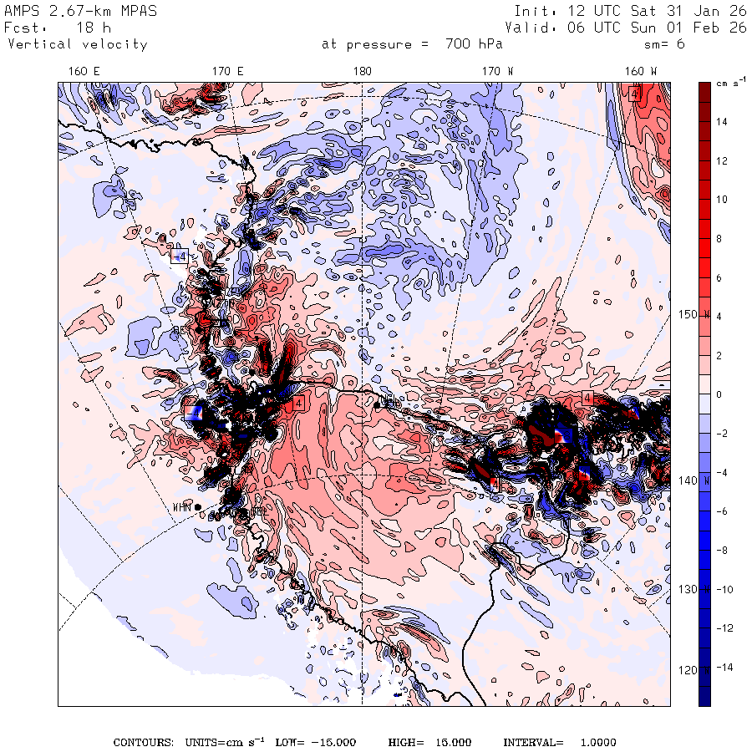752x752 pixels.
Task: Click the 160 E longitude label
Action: pos(84,72)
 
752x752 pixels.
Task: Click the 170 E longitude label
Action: pos(227,72)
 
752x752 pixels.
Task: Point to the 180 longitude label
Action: pos(363,72)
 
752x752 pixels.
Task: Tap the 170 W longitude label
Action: pos(498,72)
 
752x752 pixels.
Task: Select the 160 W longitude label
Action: pos(642,72)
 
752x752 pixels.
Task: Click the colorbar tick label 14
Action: pos(721,122)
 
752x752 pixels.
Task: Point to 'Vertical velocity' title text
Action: pos(78,44)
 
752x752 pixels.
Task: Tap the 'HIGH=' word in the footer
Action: pos(406,743)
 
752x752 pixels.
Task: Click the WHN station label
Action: pos(181,507)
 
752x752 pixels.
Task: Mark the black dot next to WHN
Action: pos(198,507)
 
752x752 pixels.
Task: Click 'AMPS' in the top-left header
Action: pos(22,12)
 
